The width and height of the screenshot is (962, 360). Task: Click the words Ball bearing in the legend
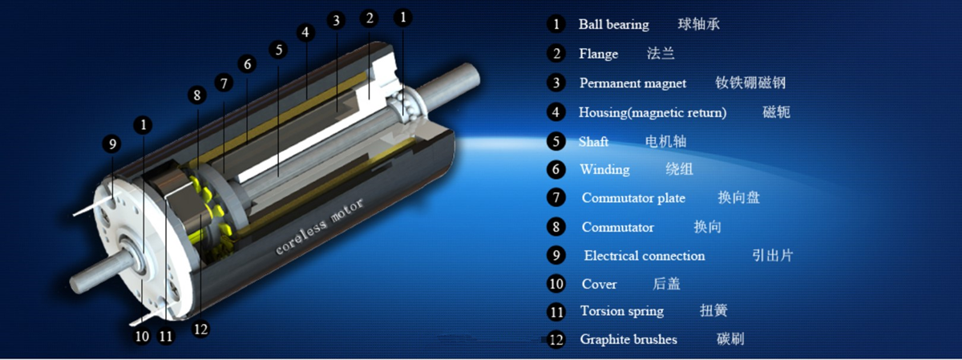tap(614, 25)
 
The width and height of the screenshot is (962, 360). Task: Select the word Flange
tap(598, 54)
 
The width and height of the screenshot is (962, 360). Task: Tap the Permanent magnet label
tap(633, 83)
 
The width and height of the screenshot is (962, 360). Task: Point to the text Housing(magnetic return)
tap(653, 112)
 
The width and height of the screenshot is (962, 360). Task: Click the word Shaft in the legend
tap(593, 141)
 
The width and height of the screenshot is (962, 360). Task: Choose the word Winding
tap(604, 169)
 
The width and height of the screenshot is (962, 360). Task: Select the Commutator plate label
tap(633, 197)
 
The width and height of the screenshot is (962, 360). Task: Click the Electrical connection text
tap(645, 256)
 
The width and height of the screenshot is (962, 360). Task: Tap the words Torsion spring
tap(622, 310)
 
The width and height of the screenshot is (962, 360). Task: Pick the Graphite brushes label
tap(629, 339)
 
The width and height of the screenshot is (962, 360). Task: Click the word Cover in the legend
tap(599, 284)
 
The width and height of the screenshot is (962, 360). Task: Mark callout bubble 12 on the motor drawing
tap(200, 330)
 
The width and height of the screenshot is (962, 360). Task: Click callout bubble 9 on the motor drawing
tap(112, 144)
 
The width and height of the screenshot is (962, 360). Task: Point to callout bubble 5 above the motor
tap(278, 50)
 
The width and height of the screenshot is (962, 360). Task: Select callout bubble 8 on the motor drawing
tap(196, 95)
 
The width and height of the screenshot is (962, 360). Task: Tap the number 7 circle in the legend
tap(556, 197)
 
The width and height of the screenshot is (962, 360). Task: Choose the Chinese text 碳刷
tap(730, 339)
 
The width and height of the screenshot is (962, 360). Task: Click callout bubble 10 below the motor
tap(142, 335)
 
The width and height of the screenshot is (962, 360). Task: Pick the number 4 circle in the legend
tap(556, 112)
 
